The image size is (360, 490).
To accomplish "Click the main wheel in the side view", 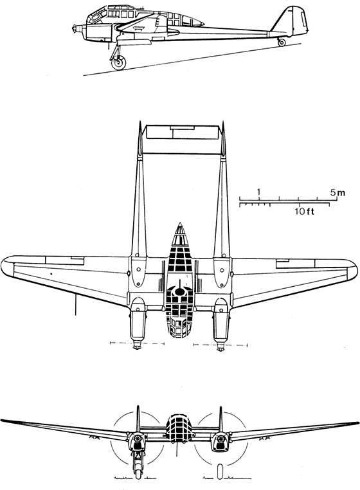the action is [x=119, y=63].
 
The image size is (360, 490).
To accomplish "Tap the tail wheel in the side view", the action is [x=282, y=42].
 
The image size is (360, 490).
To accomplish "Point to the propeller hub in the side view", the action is [x=75, y=29].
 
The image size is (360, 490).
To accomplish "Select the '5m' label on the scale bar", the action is [x=338, y=192].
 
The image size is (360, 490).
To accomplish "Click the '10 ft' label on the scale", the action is [x=304, y=212].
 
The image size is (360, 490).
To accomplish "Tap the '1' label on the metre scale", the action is [x=258, y=191].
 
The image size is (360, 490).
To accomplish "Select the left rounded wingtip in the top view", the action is [x=7, y=268].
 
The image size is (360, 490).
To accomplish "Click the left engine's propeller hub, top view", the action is [x=137, y=345].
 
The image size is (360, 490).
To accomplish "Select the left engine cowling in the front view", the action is [x=136, y=440].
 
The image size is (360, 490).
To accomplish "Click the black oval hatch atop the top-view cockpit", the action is [x=179, y=291].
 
